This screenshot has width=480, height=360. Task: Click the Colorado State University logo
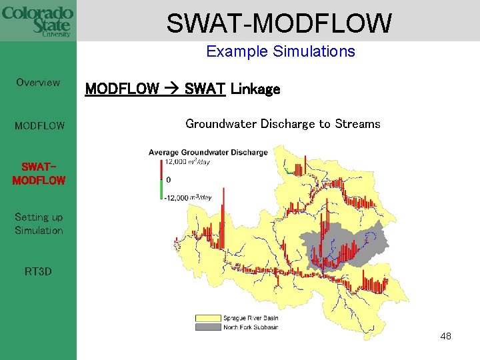37,21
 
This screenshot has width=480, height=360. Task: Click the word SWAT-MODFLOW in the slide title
279,23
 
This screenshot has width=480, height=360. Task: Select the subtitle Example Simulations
280,51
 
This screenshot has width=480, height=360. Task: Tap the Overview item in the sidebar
38,83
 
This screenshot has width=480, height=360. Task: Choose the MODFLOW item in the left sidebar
40,125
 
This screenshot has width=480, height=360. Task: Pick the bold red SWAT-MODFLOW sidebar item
39,173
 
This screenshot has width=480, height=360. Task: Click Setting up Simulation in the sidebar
39,223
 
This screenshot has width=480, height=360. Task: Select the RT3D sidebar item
38,271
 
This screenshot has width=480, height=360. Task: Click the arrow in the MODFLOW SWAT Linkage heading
171,89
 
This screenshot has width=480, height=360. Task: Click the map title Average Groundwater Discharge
208,153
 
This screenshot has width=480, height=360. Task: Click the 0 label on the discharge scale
168,180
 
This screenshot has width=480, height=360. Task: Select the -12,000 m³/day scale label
187,197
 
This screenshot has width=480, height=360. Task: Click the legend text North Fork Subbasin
250,327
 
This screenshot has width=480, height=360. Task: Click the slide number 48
445,336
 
